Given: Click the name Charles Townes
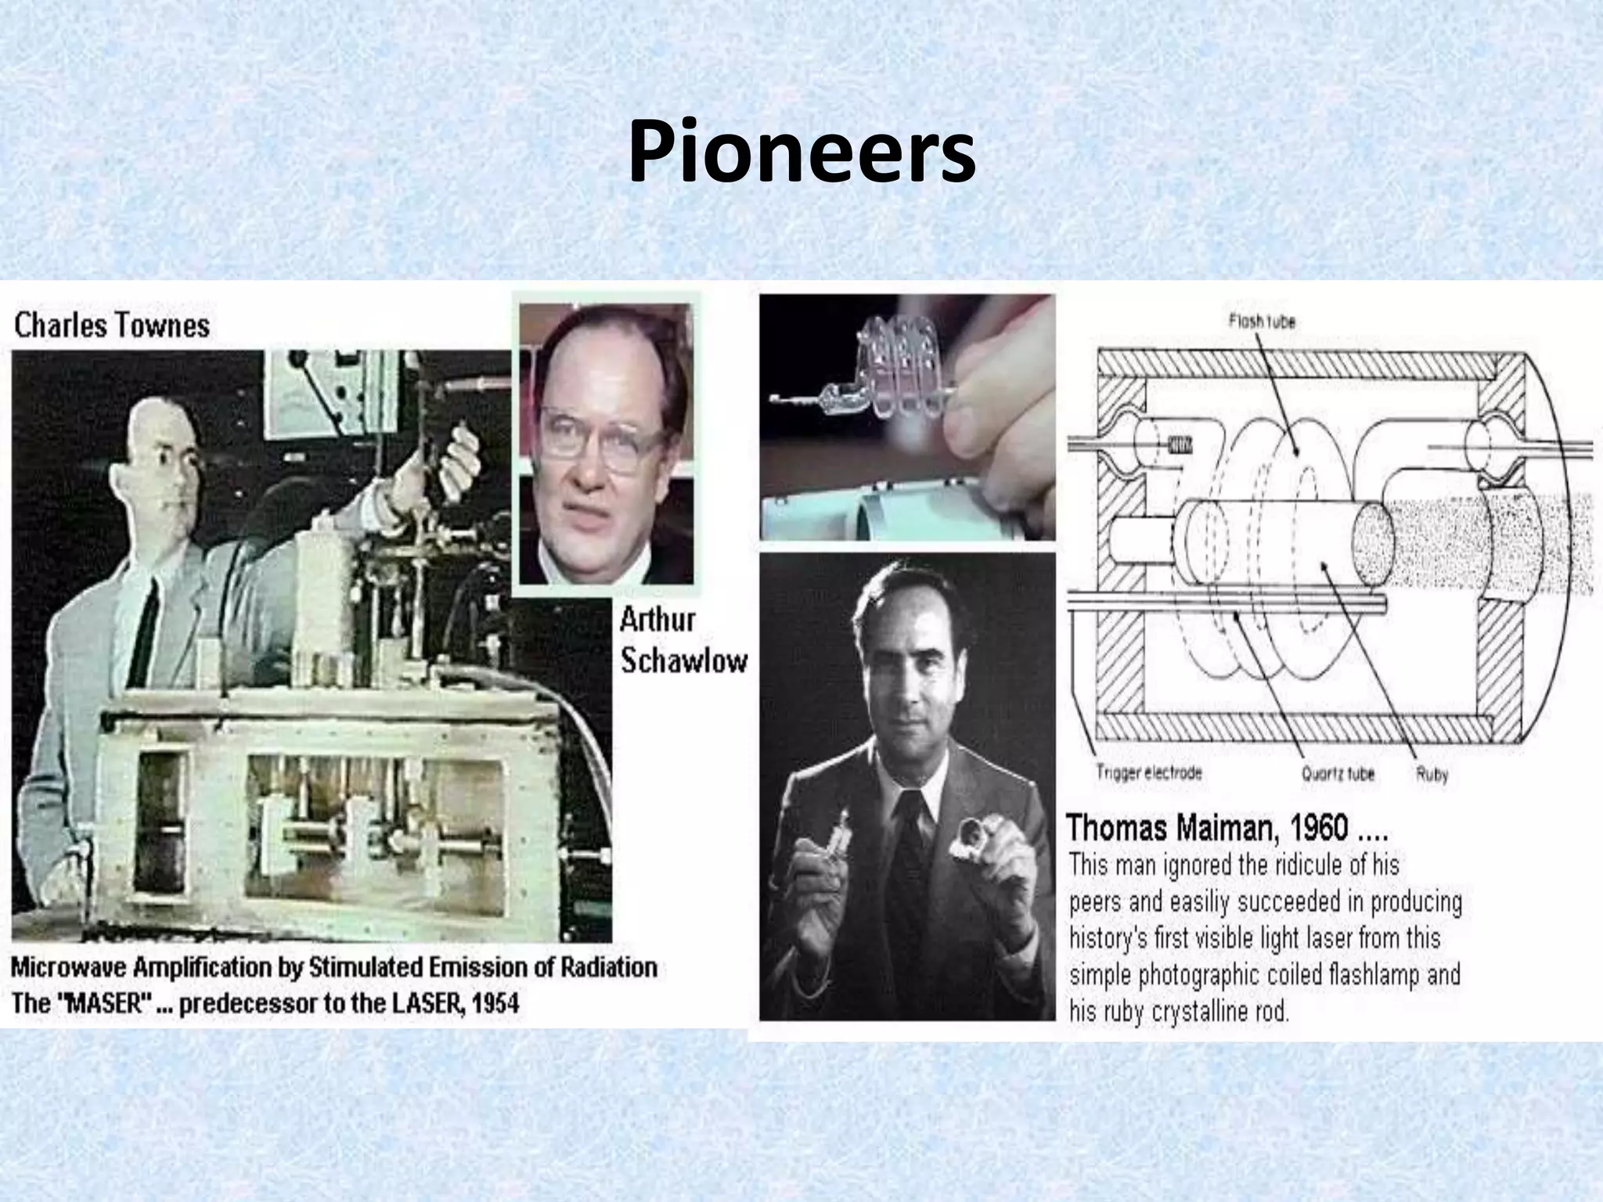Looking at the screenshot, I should click(112, 326).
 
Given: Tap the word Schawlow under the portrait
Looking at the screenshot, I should click(683, 661).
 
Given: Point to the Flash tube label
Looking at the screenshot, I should click(1262, 321).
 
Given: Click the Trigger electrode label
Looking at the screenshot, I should click(1148, 773).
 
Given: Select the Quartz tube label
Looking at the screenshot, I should click(1338, 774).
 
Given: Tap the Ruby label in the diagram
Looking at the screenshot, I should click(1432, 775).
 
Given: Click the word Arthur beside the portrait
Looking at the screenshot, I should click(657, 621).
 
